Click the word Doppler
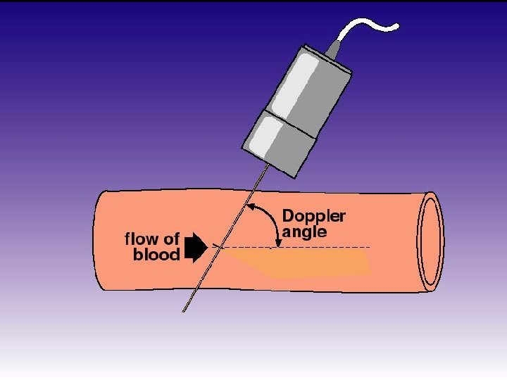313,216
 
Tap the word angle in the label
305,232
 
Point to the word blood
156,254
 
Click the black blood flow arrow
194,248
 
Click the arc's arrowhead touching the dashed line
279,243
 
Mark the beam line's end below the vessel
184,310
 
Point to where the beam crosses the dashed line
221,247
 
